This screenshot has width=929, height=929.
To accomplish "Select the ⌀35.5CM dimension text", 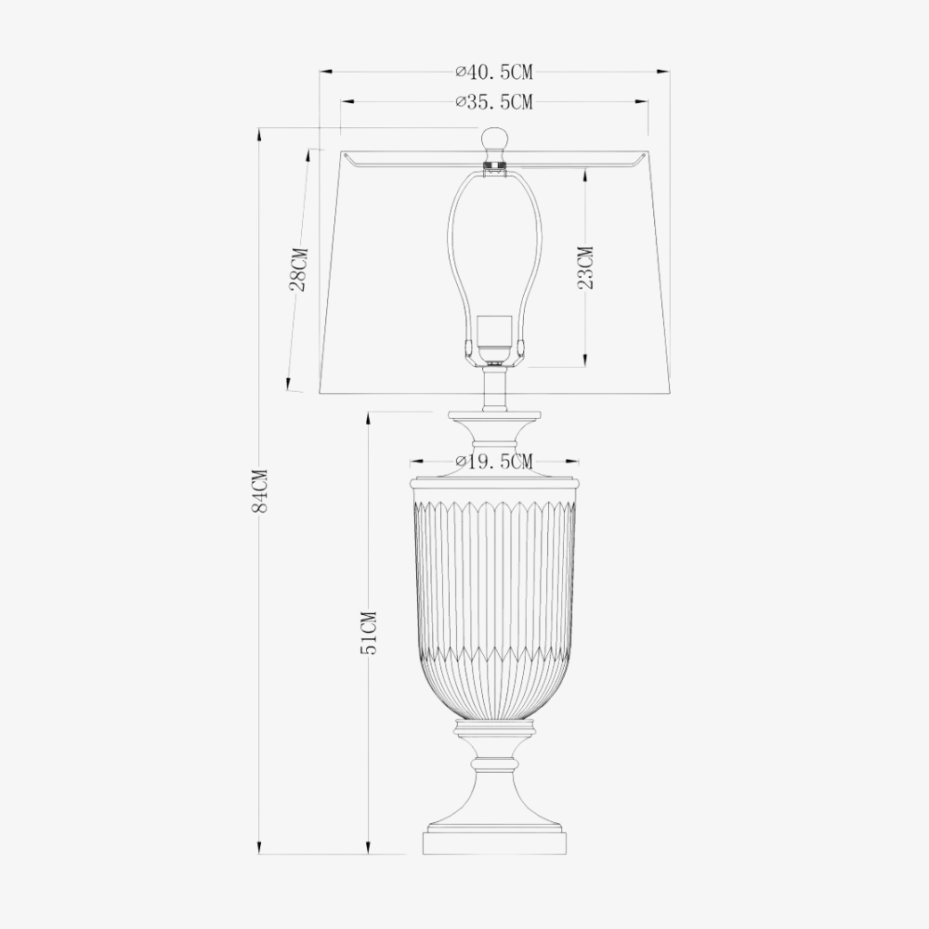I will coord(494,103).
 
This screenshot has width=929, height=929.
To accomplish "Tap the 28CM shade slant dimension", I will coord(298,269).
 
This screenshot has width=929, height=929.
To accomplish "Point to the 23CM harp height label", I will coord(585,268).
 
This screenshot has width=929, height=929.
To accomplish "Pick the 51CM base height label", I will coord(369,634).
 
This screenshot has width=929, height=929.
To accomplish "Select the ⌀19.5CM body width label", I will coord(494,462).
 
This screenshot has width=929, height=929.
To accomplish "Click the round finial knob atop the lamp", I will coord(494,142).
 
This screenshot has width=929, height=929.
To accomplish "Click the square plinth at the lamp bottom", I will coord(494,844).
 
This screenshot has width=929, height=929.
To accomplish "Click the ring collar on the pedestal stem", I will coord(494,764).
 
